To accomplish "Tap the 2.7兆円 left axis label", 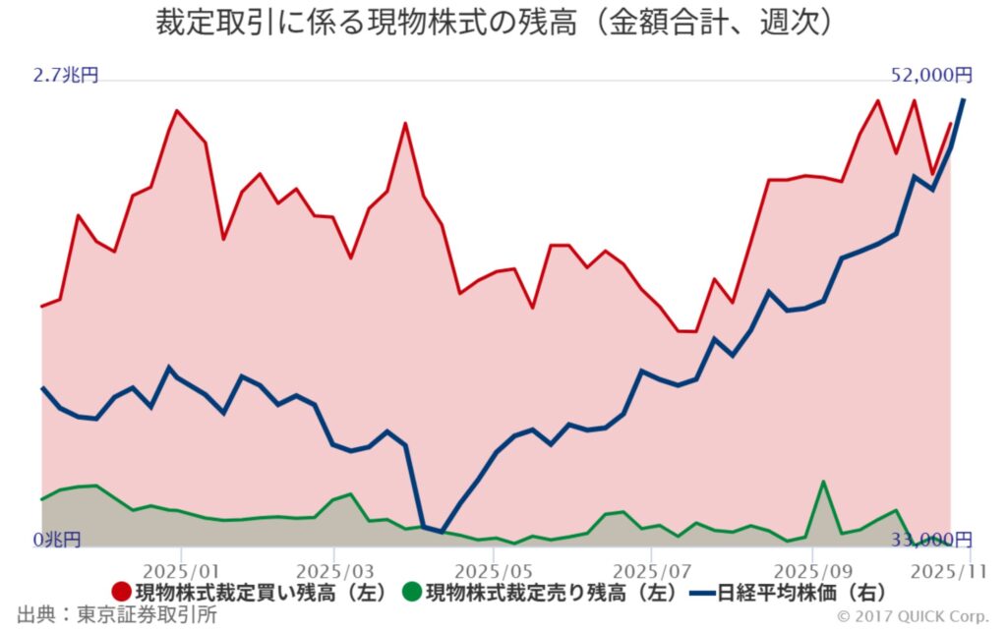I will coord(66,76).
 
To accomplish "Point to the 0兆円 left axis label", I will coord(57,540).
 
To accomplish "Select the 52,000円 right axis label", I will coord(932,76).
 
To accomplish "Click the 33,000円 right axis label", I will coord(932,540).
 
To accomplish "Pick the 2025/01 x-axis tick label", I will coord(180,571).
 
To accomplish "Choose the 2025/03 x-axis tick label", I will coord(334,571).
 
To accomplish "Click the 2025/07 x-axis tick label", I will coord(652,571).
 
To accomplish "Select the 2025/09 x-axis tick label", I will coord(813,571).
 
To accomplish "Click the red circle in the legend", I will coord(122,593).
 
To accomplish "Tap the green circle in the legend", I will coord(412,593).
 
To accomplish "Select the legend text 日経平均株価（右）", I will coord(802,593).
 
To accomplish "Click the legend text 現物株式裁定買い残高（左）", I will coord(265,593).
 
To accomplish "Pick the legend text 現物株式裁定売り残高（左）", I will coord(553,593).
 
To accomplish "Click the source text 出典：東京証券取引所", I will coord(110,615).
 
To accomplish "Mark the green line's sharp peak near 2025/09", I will coord(823,482).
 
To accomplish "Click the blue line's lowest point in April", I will coord(442,532).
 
